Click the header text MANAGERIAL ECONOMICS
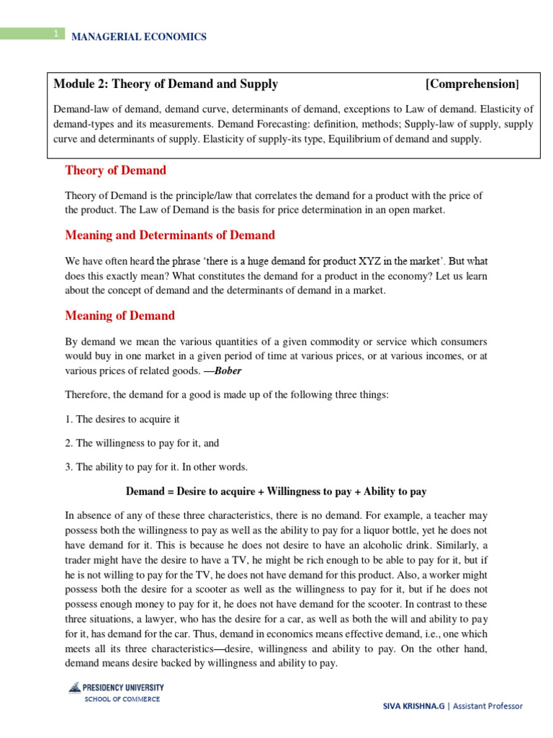[138, 37]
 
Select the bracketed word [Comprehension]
[472, 84]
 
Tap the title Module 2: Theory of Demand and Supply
[166, 84]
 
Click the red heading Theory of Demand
[115, 170]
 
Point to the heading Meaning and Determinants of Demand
[170, 235]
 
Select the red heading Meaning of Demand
[120, 316]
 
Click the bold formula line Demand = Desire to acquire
[276, 492]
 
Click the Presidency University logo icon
[74, 688]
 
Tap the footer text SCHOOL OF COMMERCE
[122, 699]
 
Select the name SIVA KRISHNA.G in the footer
[413, 706]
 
